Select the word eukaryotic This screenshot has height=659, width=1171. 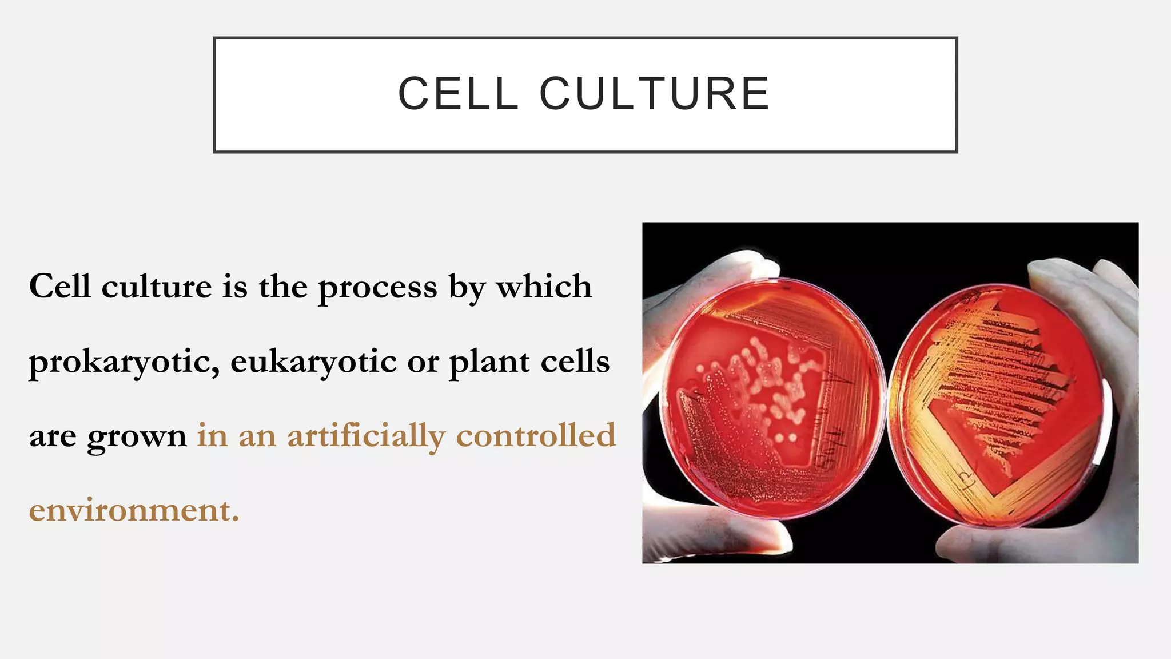point(313,362)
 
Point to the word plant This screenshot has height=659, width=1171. point(489,362)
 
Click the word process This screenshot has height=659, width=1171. point(377,288)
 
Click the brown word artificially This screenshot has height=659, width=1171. point(366,436)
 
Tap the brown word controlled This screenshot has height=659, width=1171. point(536,435)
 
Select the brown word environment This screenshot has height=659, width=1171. point(134,510)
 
